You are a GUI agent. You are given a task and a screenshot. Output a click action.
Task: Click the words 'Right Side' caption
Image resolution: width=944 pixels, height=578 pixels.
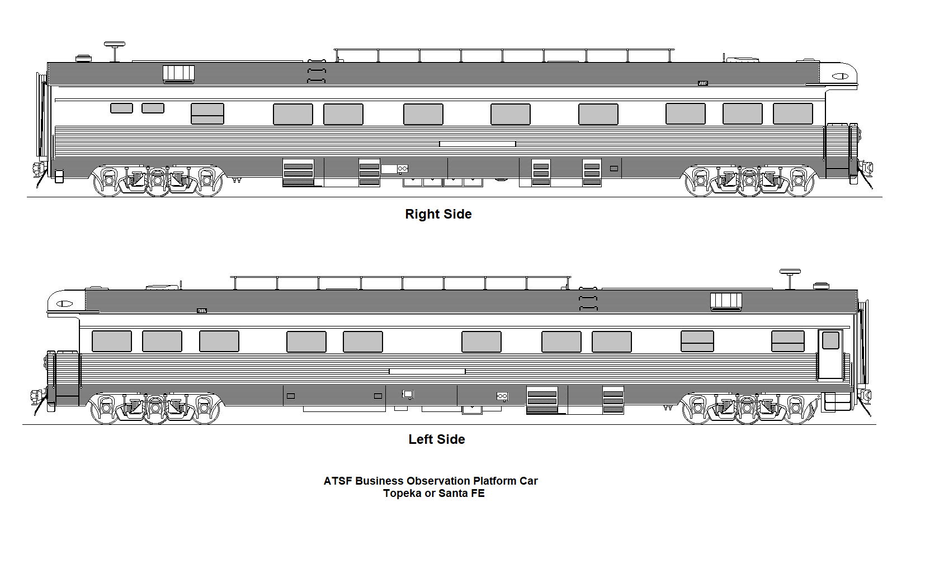438,214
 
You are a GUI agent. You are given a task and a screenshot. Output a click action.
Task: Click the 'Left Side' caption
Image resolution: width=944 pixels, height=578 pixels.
436,439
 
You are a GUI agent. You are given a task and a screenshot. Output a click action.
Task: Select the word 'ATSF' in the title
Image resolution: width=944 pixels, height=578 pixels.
338,481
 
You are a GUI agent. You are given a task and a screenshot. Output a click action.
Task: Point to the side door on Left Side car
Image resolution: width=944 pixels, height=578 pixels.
830,354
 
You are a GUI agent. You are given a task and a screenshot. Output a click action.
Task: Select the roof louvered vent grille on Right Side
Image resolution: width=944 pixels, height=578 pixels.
178,73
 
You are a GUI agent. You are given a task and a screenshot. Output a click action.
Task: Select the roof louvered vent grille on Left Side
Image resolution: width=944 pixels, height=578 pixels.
726,301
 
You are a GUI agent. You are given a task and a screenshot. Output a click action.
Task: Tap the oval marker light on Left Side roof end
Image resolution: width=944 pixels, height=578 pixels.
64,304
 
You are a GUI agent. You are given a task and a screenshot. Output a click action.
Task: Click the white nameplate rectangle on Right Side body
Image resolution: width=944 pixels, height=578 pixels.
477,144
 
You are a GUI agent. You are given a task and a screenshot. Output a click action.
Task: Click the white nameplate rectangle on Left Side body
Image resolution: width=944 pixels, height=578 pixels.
427,371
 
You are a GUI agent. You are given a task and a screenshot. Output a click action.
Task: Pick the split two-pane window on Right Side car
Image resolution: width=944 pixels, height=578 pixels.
207,113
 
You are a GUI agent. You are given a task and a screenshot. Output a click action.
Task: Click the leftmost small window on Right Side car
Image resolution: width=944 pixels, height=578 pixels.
121,108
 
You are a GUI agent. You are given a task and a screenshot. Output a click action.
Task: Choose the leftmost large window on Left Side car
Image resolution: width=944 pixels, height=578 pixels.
112,341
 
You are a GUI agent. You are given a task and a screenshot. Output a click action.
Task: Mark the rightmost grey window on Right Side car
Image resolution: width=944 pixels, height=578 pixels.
792,113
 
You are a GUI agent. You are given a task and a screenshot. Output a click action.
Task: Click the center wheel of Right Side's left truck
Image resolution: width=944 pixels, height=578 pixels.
157,181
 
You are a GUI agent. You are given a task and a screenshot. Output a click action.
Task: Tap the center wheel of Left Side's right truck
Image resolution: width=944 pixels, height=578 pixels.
747,408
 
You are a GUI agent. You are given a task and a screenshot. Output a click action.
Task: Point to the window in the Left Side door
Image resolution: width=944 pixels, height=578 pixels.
830,340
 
